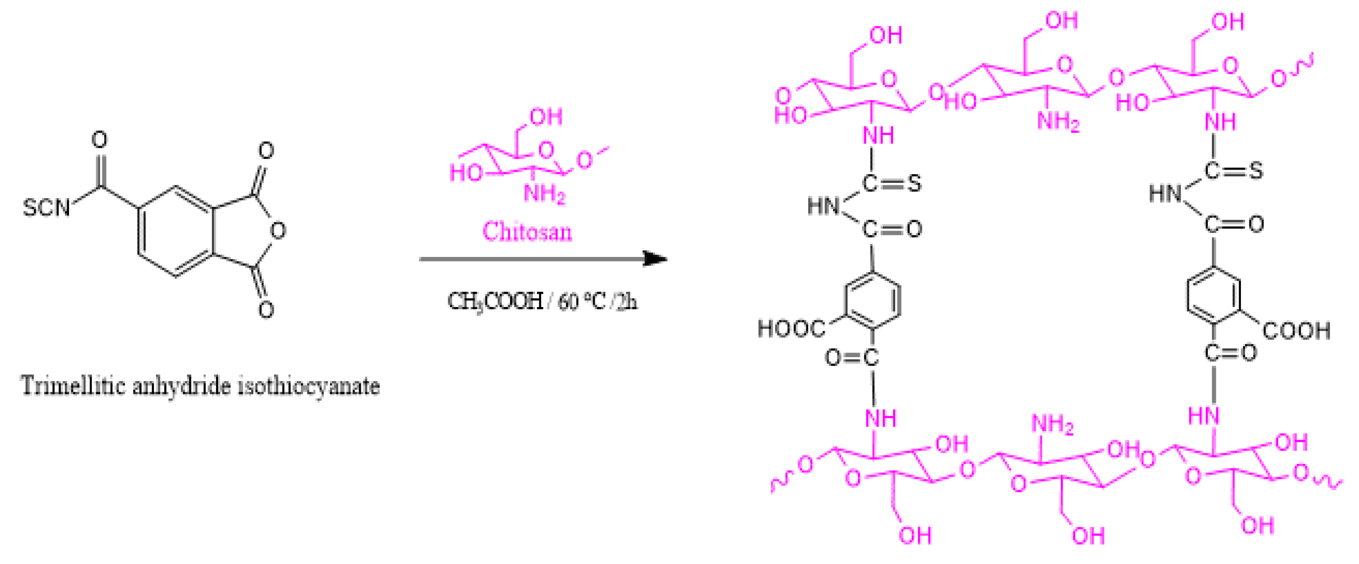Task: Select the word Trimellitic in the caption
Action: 72,386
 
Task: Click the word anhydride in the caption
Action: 181,386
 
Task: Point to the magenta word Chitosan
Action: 527,231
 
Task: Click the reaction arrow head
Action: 656,258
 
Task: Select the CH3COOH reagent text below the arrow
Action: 495,302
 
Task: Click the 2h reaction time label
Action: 626,302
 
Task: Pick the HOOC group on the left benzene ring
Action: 791,328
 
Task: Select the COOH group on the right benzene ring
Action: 1296,331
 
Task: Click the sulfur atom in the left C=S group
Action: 915,183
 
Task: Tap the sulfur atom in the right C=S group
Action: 1256,171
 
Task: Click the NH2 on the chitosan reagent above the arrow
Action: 544,194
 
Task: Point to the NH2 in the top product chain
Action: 1058,122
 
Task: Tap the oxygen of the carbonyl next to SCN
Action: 99,140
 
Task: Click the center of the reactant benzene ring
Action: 176,230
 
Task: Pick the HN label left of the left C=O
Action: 823,206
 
